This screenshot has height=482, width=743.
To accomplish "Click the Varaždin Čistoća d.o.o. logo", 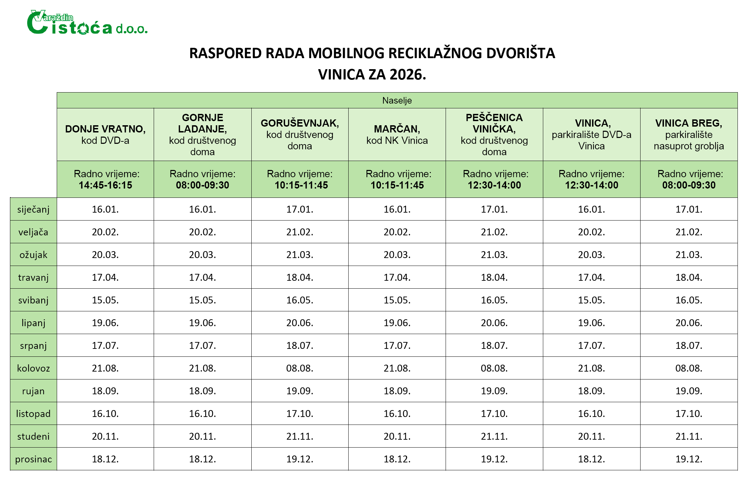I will pos(87,23).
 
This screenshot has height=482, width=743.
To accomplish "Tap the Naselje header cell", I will pos(397,100).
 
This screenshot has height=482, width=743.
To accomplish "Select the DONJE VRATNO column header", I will pos(105,134).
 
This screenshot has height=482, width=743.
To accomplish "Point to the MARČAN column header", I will pos(397,134).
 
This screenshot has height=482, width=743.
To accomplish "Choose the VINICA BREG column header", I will pos(689,134).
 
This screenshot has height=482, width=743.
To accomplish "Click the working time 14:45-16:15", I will pos(105,185).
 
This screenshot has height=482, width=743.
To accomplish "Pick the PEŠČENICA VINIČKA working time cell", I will pos(494,179).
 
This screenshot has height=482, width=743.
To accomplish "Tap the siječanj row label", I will pos(33,209).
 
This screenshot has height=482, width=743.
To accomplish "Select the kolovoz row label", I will pos(33,368).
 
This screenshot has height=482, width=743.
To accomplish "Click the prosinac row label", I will pos(33,459).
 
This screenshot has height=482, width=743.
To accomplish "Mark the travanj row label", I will pos(33,277).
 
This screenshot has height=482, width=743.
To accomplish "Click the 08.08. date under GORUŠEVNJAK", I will pos(300,368).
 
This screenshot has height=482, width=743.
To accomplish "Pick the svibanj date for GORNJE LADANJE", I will pos(203,300).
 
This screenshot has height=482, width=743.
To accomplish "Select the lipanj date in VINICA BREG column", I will pos(689,323).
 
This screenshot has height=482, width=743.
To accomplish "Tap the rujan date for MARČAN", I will pos(397,391).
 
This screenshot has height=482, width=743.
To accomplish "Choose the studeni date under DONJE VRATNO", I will pos(105,436).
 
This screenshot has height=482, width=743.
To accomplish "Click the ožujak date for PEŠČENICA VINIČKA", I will pos(494,255).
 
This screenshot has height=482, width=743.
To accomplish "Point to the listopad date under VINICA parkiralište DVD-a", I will pos(591,414).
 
